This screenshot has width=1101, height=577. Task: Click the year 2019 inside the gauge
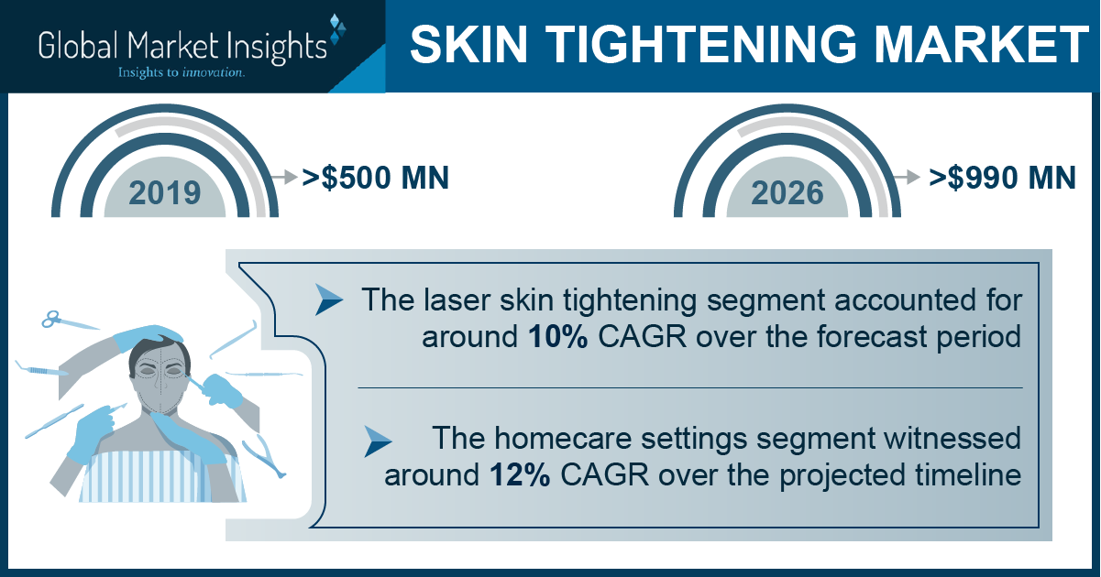pyautogui.click(x=165, y=192)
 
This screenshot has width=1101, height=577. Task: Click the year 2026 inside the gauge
pyautogui.click(x=787, y=192)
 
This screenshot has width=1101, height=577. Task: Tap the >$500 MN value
pyautogui.click(x=376, y=178)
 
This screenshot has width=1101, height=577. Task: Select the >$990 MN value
pyautogui.click(x=1002, y=178)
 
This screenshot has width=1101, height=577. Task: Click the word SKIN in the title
pyautogui.click(x=468, y=44)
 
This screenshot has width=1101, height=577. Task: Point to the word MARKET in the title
pyautogui.click(x=981, y=44)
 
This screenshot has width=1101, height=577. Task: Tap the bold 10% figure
pyautogui.click(x=558, y=337)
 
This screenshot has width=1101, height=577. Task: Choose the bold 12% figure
pyautogui.click(x=520, y=474)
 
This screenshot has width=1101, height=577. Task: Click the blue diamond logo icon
pyautogui.click(x=337, y=29)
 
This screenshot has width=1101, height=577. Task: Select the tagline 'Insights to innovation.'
pyautogui.click(x=181, y=72)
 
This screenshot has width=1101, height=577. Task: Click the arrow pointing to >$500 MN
pyautogui.click(x=284, y=177)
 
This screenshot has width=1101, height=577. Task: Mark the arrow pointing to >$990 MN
pyautogui.click(x=907, y=177)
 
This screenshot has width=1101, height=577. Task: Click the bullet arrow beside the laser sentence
pyautogui.click(x=329, y=299)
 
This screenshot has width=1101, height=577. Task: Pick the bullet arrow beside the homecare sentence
pyautogui.click(x=378, y=441)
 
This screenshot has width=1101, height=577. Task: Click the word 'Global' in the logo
pyautogui.click(x=79, y=46)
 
